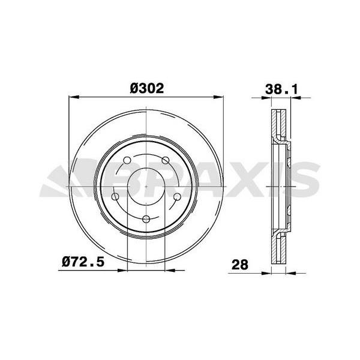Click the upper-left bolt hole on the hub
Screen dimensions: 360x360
[x=127, y=161]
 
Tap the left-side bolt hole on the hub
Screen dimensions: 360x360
[x=116, y=197]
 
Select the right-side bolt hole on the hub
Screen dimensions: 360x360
[x=178, y=197]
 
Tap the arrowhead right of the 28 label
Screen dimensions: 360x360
[x=268, y=272]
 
